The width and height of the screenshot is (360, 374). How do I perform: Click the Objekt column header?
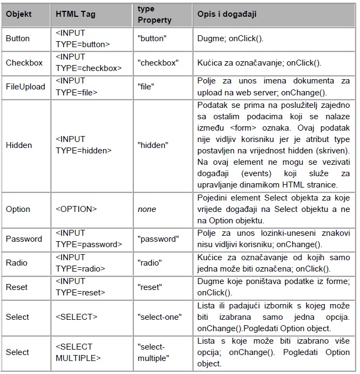pos(19,15)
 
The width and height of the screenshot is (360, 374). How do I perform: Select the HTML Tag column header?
pos(75,15)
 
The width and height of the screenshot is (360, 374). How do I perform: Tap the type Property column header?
pos(155,15)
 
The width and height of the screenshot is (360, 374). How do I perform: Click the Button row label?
pos(18,39)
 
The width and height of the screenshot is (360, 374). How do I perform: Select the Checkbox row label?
pos(24,63)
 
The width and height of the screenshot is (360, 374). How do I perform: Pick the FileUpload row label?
pos(25,87)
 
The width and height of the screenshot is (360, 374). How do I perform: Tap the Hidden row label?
pos(19,145)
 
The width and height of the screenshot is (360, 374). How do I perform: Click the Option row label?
pos(18,209)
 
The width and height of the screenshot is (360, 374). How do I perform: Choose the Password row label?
pos(24,239)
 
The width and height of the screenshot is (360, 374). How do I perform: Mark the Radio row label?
pos(16,263)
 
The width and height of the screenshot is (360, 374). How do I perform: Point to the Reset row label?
pos(17,287)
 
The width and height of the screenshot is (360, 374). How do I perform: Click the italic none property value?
pos(147,209)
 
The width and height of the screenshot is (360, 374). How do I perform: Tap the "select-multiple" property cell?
pos(155,352)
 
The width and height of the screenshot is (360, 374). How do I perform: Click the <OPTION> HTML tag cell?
pos(76,209)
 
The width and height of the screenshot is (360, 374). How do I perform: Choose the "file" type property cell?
pos(146,87)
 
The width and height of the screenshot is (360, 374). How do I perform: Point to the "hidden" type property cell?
pos(153,145)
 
